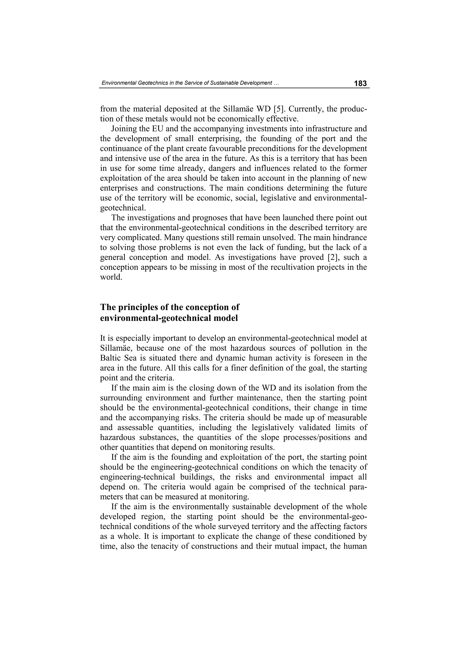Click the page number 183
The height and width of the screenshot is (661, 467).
coord(360,83)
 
